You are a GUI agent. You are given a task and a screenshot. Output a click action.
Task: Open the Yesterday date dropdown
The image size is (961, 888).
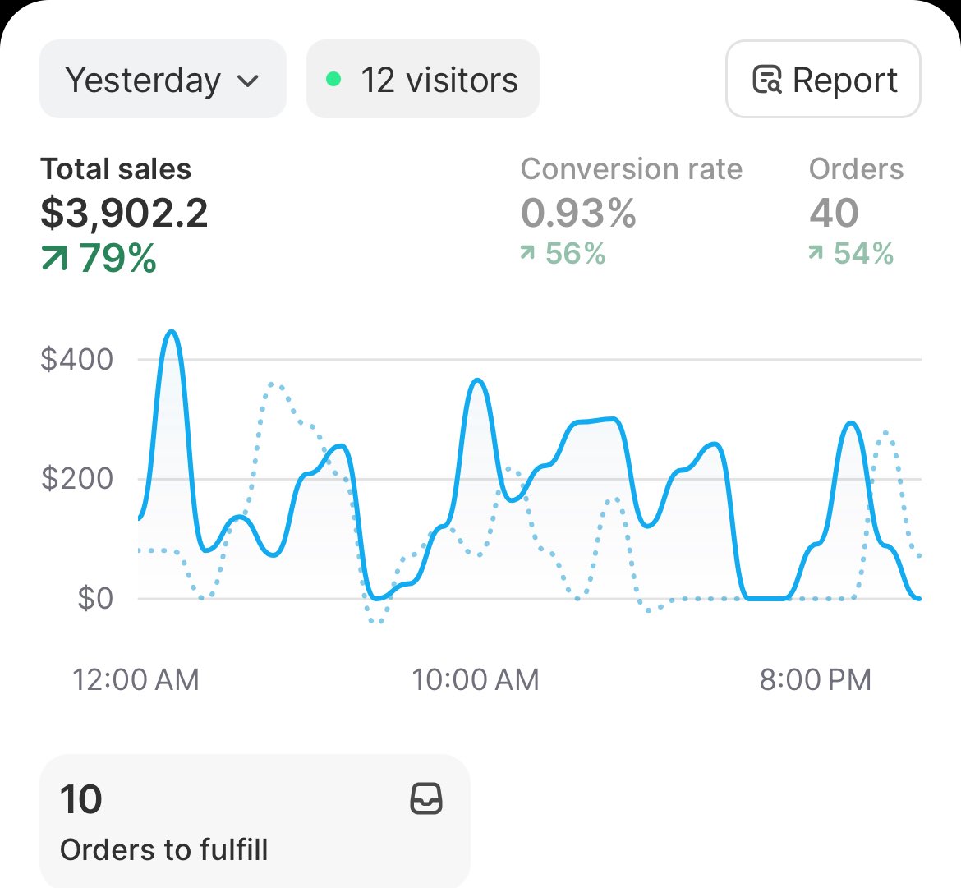click(x=163, y=80)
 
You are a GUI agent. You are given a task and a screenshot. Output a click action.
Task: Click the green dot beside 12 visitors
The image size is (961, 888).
click(x=333, y=80)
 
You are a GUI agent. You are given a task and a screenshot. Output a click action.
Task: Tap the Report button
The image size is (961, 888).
click(x=823, y=80)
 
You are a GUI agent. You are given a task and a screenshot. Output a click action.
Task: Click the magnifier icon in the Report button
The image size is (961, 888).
click(x=767, y=81)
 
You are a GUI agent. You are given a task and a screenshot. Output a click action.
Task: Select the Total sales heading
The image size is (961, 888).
click(x=116, y=169)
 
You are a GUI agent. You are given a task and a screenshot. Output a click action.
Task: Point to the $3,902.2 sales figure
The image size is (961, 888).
click(x=125, y=214)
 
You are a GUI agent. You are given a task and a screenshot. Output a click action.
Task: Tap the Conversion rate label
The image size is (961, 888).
click(x=631, y=169)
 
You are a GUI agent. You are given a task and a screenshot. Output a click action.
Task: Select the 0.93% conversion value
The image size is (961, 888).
click(x=578, y=214)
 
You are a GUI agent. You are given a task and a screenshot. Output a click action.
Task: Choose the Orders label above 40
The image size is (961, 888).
click(x=856, y=169)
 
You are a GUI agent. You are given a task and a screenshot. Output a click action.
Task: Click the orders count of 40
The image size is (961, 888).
click(x=834, y=214)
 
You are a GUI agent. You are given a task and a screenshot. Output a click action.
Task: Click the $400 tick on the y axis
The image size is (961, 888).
click(x=77, y=360)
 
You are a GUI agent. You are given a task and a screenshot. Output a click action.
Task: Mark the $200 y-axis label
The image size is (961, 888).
click(x=77, y=479)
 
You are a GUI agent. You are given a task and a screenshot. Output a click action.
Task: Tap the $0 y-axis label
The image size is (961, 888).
click(x=95, y=598)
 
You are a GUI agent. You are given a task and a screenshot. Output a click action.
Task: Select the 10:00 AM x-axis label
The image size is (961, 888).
click(x=476, y=680)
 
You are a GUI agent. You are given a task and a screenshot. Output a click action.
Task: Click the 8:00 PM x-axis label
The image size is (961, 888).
click(x=815, y=680)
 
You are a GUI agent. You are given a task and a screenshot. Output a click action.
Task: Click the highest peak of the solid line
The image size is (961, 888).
click(x=171, y=332)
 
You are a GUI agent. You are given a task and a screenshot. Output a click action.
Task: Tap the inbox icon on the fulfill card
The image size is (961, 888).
click(x=426, y=798)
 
